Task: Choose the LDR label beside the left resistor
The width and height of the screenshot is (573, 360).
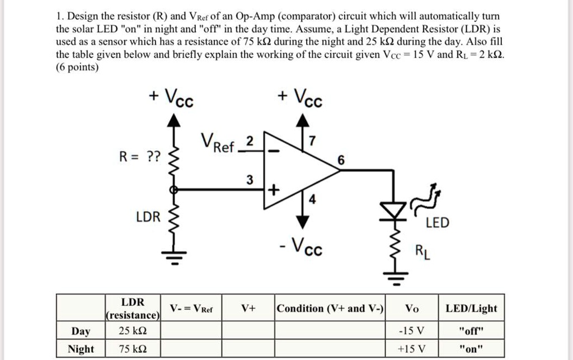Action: tap(147, 217)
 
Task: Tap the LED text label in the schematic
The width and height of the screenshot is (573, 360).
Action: tap(436, 223)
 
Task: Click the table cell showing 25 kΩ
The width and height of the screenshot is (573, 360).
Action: tap(133, 331)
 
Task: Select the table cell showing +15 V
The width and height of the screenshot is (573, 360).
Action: tap(411, 349)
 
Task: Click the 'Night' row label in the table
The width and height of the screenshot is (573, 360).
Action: tap(81, 349)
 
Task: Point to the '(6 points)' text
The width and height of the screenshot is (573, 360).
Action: tap(78, 67)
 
